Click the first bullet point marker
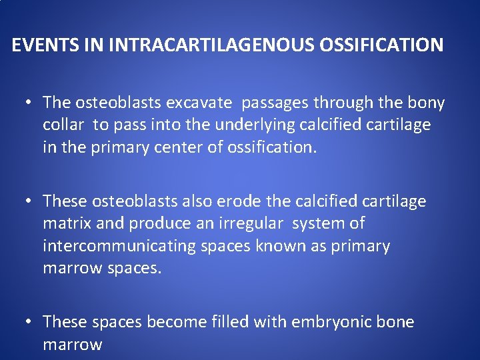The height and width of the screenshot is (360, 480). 29,103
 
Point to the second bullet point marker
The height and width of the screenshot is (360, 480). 29,201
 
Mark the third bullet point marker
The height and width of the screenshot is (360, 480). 29,323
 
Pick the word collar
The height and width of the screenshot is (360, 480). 65,125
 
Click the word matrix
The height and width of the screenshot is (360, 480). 65,223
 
